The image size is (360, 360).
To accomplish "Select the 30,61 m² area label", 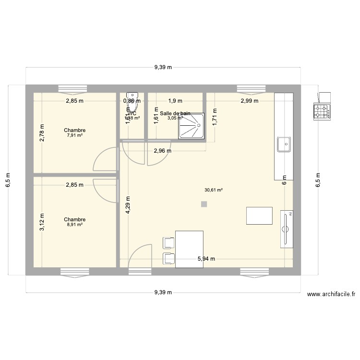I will pyautogui.click(x=213, y=190).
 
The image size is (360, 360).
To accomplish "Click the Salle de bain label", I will pyautogui.click(x=176, y=113).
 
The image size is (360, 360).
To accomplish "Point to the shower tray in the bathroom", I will pyautogui.click(x=192, y=127).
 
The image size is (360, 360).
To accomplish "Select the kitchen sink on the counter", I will pyautogui.click(x=283, y=144).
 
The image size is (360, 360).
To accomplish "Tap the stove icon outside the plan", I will pyautogui.click(x=322, y=111).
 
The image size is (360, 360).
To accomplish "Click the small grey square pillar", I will pyautogui.click(x=204, y=204).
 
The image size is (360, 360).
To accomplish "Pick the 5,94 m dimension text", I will pyautogui.click(x=206, y=259).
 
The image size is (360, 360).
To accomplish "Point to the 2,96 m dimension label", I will pyautogui.click(x=163, y=151).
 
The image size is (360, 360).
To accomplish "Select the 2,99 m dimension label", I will pyautogui.click(x=249, y=101).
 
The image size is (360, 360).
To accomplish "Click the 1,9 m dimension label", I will pyautogui.click(x=175, y=101).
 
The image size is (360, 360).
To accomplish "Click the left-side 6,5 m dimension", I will pyautogui.click(x=8, y=180).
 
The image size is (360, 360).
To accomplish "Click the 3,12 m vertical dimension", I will pyautogui.click(x=42, y=222).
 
